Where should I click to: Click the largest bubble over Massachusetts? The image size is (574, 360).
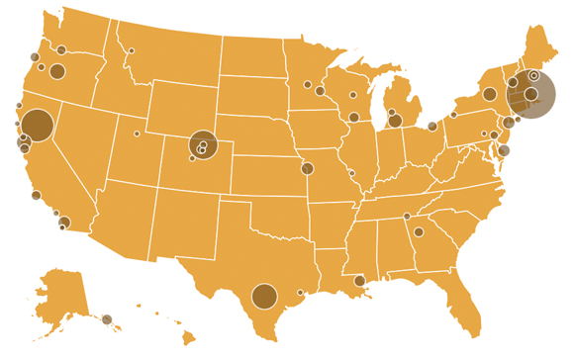[530, 94]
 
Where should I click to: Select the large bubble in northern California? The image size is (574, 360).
[37, 125]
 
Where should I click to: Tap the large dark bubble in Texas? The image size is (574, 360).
[264, 296]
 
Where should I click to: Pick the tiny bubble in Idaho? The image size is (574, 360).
[131, 50]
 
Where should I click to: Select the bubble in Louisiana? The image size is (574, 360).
[359, 281]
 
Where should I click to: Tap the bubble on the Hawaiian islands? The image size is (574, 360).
[107, 319]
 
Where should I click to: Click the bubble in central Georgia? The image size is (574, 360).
[419, 232]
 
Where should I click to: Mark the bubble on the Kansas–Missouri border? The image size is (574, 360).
[307, 168]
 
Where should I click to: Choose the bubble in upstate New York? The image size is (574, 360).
[489, 95]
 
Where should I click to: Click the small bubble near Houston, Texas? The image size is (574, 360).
[300, 292]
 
